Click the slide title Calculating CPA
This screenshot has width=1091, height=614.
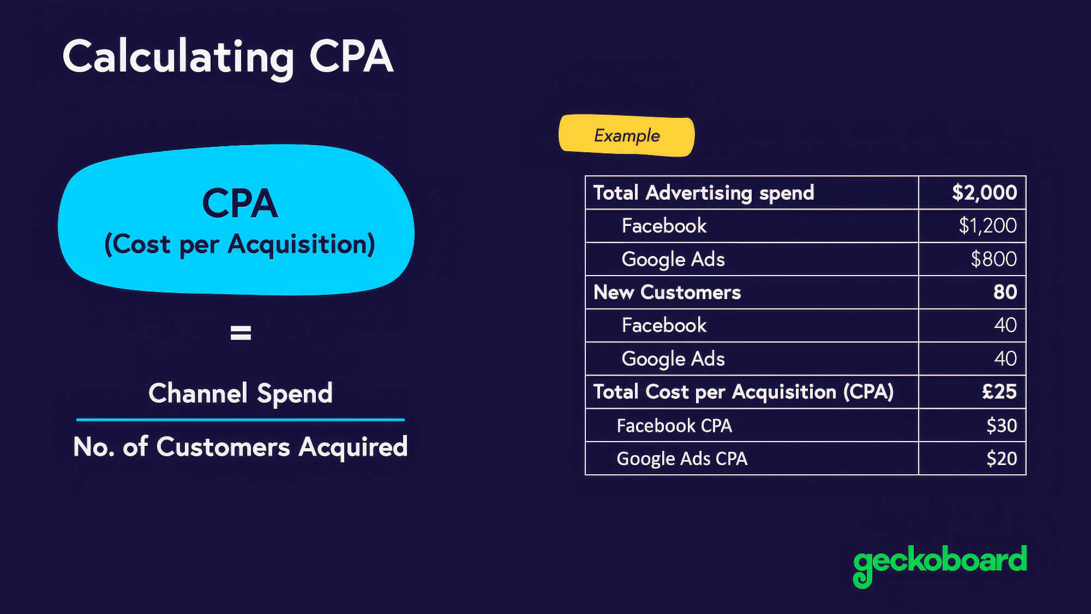(x=227, y=57)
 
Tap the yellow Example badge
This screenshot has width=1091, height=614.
(x=626, y=135)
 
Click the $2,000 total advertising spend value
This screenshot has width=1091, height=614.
(x=984, y=193)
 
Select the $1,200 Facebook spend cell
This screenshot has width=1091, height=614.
(x=987, y=225)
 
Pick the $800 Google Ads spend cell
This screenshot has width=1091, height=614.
(x=993, y=259)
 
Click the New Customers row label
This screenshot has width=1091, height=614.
(x=667, y=292)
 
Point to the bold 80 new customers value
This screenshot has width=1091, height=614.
(x=1005, y=292)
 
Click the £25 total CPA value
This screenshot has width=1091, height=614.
(x=999, y=391)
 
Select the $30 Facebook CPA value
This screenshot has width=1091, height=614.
(x=1001, y=425)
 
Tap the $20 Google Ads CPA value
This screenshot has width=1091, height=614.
(x=1001, y=458)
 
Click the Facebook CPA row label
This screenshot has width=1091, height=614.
(x=674, y=425)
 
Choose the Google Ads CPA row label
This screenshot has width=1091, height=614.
(x=682, y=458)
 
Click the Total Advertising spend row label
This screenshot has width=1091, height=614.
(x=704, y=193)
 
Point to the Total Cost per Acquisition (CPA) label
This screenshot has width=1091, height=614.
(x=744, y=391)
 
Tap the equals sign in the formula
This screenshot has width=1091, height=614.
(x=241, y=332)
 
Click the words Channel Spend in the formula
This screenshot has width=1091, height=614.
(x=241, y=393)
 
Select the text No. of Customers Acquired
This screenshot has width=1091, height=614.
(x=241, y=446)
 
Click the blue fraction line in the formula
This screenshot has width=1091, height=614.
(x=241, y=420)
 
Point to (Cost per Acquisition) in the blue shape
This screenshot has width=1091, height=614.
(x=239, y=244)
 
